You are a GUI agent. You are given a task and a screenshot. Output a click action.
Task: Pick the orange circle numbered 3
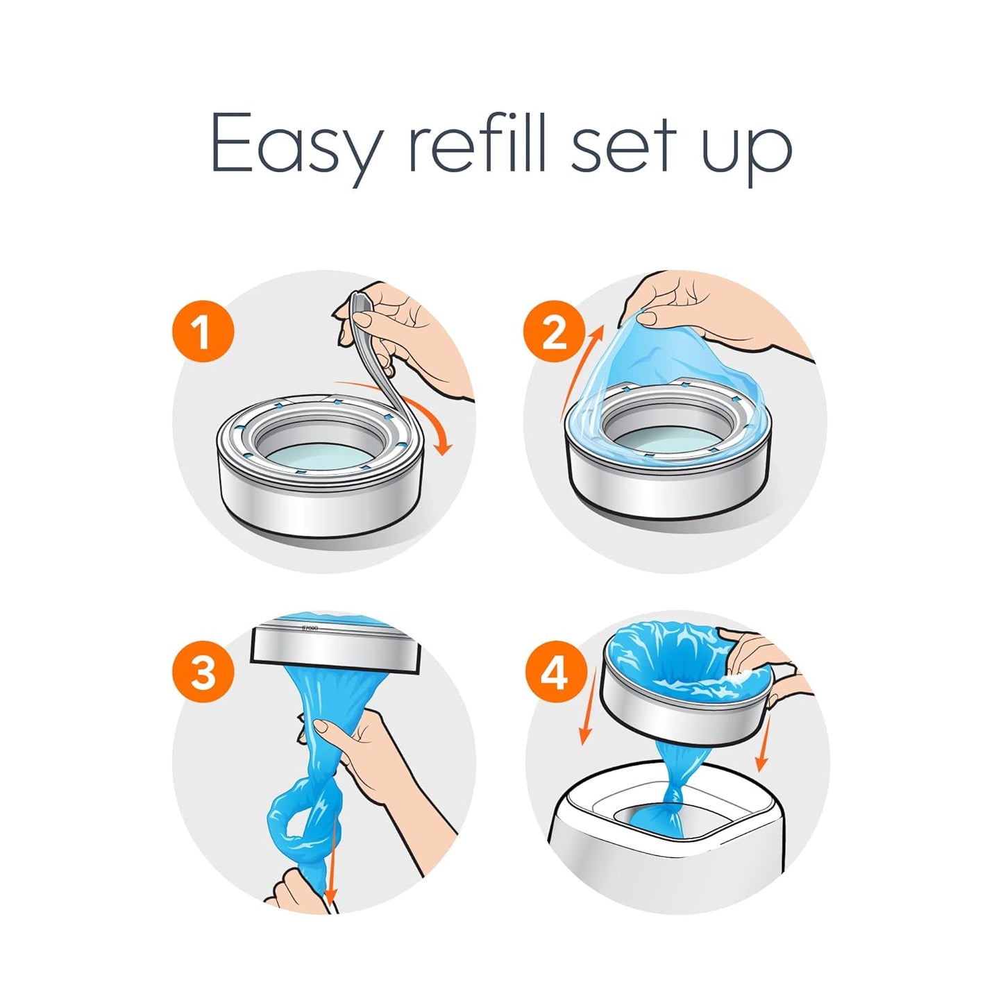(203, 673)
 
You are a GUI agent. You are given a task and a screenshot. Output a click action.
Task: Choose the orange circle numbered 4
(555, 673)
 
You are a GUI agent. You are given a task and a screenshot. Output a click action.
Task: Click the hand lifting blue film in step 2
(708, 305)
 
